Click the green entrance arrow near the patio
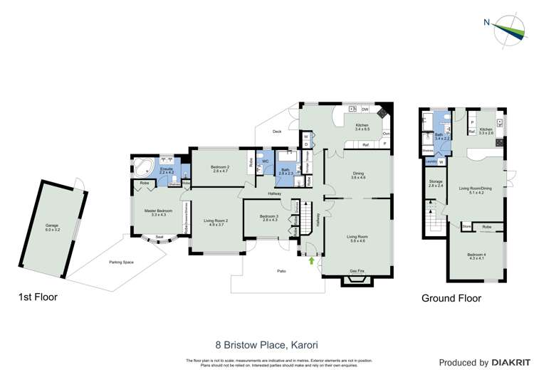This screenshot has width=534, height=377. (x=311, y=260)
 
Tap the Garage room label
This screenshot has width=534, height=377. (x=53, y=228)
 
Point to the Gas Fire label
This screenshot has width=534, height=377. (x=357, y=271)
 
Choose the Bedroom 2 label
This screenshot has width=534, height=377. (x=219, y=168)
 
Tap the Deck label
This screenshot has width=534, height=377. (x=278, y=132)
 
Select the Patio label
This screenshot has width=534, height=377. (x=282, y=271)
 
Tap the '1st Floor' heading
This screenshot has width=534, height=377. (x=38, y=297)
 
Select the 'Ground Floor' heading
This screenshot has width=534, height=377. (x=451, y=298)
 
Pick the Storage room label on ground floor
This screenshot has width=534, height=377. (x=436, y=184)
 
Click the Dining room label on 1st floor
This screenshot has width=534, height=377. (x=358, y=175)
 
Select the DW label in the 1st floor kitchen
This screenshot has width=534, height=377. (x=365, y=110)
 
